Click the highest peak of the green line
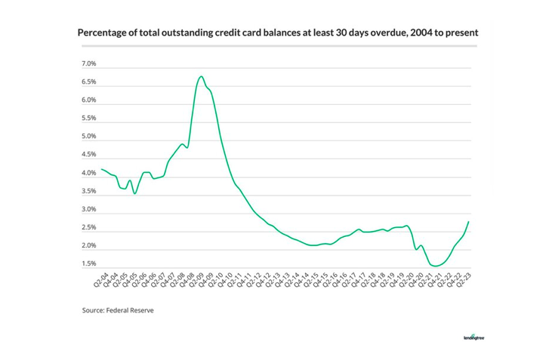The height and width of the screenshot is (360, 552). coord(201,76)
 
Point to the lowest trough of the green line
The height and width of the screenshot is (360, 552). coord(436,266)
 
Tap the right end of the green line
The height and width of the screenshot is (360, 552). coord(469,222)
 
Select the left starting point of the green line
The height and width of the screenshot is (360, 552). coord(102,169)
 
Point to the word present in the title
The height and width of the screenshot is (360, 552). coord(456,33)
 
